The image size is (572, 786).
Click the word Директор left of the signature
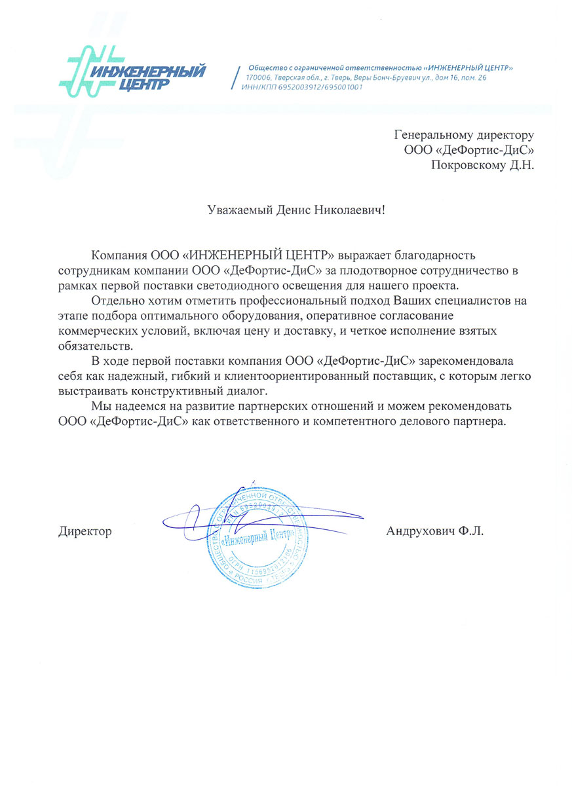pos(85,531)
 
